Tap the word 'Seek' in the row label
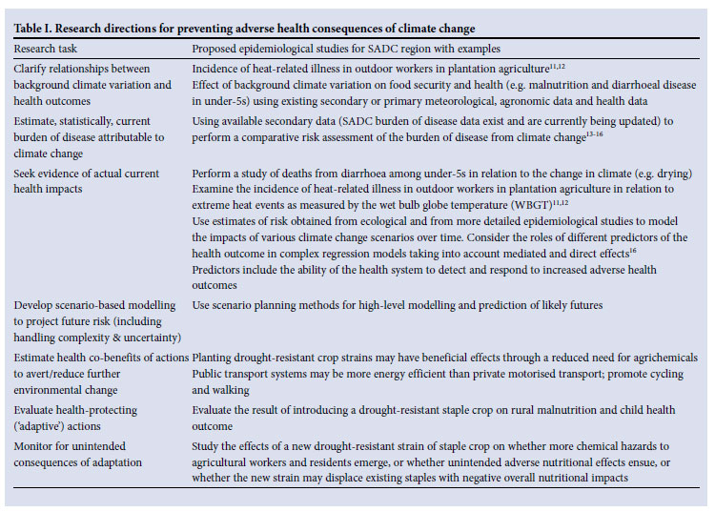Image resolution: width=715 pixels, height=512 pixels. click(x=26, y=174)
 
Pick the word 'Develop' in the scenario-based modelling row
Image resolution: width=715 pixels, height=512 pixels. click(x=34, y=304)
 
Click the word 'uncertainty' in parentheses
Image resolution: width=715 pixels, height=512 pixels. click(x=146, y=337)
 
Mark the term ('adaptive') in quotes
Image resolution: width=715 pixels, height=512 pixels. click(x=38, y=425)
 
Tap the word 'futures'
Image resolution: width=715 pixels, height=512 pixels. click(x=581, y=304)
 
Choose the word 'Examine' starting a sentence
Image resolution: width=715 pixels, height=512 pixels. click(x=214, y=189)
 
